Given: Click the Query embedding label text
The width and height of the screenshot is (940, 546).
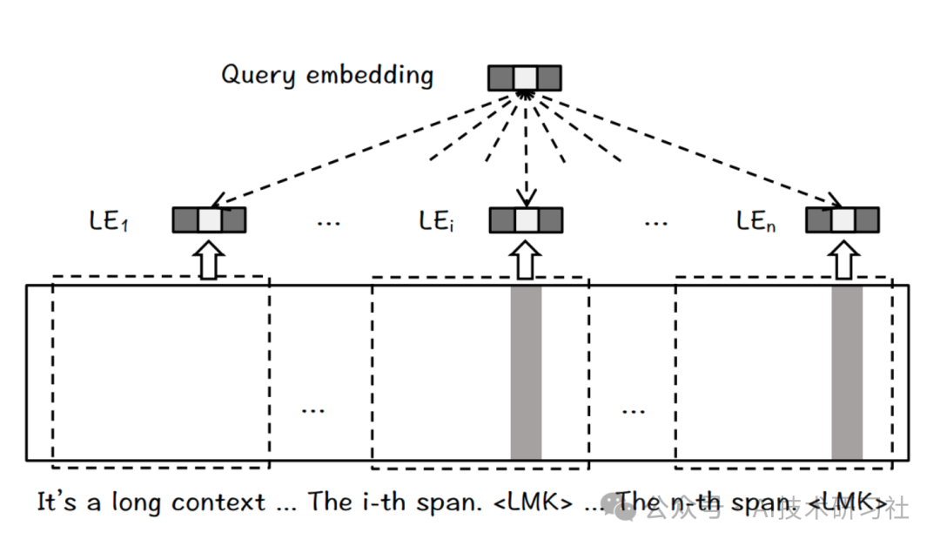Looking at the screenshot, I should click(x=327, y=75).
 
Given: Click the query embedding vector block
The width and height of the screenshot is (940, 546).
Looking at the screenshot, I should click(x=524, y=78).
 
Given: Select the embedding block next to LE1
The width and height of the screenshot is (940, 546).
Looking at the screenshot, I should click(x=209, y=220).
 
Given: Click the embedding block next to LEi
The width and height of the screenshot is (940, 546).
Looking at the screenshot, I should click(x=526, y=220).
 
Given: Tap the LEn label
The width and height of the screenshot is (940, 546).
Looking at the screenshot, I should click(x=755, y=221).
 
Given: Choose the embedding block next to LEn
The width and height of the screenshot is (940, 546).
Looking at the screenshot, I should click(x=842, y=219).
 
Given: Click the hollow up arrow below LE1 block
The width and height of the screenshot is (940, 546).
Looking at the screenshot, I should click(x=208, y=260).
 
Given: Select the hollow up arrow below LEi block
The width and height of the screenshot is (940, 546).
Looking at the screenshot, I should click(x=525, y=260).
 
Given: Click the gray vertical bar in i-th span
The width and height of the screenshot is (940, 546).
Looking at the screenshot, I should click(x=526, y=373).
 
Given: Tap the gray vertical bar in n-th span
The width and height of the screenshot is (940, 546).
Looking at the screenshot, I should click(x=847, y=373).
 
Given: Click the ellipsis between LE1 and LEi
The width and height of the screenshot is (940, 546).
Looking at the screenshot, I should click(x=328, y=223).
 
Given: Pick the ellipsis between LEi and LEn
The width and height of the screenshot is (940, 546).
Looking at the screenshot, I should click(x=655, y=223).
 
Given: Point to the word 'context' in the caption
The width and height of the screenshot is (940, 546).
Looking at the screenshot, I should click(x=218, y=503).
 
